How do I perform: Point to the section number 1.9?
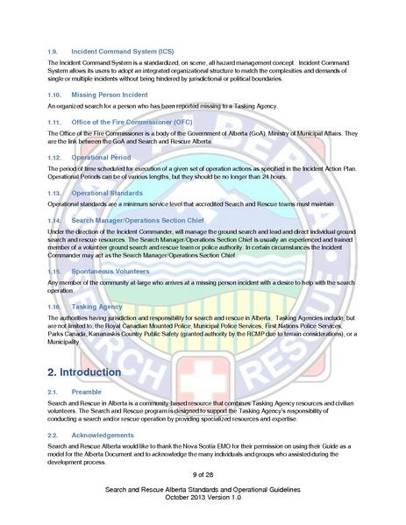[x=52, y=53]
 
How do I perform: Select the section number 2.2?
[x=52, y=435]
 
